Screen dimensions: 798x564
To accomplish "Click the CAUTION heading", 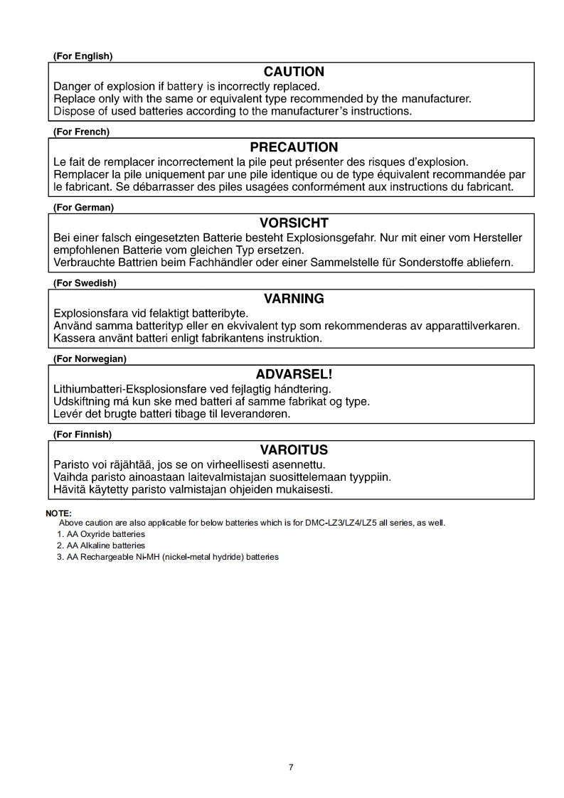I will pos(294,72).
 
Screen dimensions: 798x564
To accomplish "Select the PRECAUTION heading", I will pos(294,147).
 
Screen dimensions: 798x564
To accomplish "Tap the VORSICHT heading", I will pos(294,223).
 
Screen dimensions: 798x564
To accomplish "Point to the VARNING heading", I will pos(294,299).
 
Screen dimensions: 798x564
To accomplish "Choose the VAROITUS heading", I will pos(294,450).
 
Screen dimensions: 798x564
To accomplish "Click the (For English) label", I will pos(83,56).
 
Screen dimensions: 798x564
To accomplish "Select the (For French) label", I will pos(82,132).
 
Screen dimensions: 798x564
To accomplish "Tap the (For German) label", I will pos(84,208).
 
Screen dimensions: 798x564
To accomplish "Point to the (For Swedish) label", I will pos(85,283).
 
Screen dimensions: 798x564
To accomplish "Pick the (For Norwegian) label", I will pos(90,359).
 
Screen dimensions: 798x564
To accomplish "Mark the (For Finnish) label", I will pos(83,435).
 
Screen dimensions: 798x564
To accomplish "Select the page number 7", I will pos(291,767).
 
